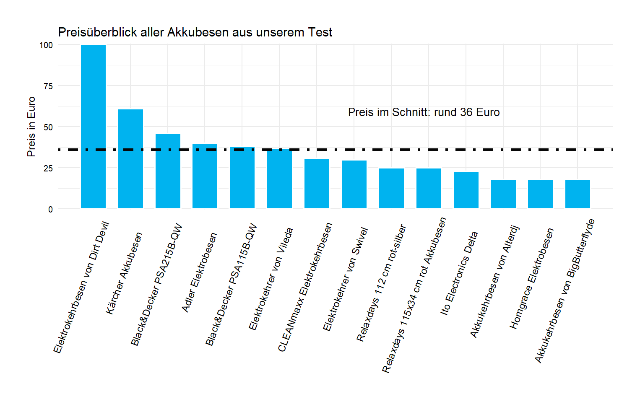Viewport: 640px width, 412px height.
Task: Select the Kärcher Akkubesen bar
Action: pos(130,159)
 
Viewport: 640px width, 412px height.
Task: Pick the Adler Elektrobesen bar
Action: pos(205,176)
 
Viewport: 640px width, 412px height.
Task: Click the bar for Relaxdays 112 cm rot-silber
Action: pos(391,188)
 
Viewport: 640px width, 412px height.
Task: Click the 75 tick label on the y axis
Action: pos(48,86)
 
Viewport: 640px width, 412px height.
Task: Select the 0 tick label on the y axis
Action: pos(50,209)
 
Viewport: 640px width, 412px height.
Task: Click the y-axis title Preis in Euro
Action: pos(31,127)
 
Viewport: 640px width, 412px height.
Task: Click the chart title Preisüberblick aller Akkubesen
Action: pos(195,32)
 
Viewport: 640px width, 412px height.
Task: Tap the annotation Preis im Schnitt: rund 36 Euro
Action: pos(424,112)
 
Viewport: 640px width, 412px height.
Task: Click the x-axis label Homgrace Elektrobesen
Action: pos(531,279)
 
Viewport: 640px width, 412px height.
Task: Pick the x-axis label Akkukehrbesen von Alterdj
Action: pos(494,282)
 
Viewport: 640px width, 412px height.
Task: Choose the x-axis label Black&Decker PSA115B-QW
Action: pos(231,285)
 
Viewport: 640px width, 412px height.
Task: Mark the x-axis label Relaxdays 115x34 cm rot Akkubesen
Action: pos(414,295)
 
